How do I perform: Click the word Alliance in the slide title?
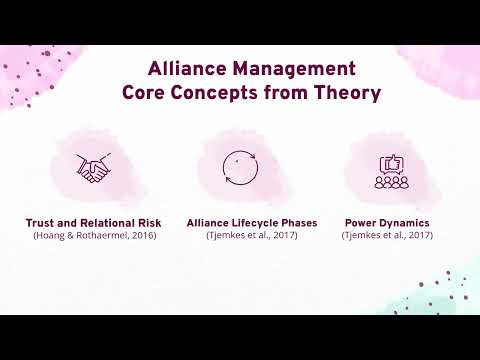(x=183, y=70)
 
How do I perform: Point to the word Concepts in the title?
(x=219, y=94)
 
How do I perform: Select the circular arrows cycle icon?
(x=240, y=167)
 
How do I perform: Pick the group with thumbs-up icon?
(x=392, y=172)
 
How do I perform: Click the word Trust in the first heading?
(x=43, y=223)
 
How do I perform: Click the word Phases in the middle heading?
(x=297, y=223)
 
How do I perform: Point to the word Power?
(x=362, y=223)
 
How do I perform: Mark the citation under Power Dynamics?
(x=387, y=235)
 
